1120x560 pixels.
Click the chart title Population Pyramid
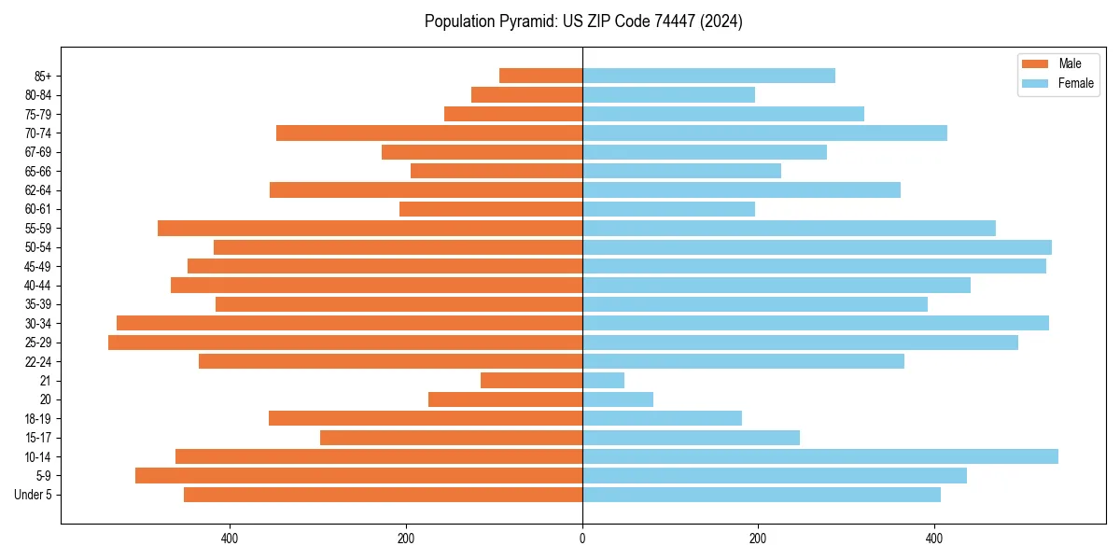(582, 21)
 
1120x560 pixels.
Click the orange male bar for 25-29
(345, 343)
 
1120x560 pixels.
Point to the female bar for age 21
(603, 380)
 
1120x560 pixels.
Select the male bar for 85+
(540, 76)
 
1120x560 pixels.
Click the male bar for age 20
(505, 399)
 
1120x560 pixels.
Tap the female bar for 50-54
(817, 247)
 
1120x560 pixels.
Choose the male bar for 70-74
(429, 133)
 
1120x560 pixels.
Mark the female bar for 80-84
(668, 94)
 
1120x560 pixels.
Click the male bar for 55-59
(370, 228)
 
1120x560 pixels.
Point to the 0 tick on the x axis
(582, 538)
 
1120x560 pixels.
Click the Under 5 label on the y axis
(33, 495)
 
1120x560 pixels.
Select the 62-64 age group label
(38, 190)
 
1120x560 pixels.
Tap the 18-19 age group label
(38, 419)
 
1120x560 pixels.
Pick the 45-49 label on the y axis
(38, 267)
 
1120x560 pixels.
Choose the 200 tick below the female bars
(758, 538)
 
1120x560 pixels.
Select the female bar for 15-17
(691, 438)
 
